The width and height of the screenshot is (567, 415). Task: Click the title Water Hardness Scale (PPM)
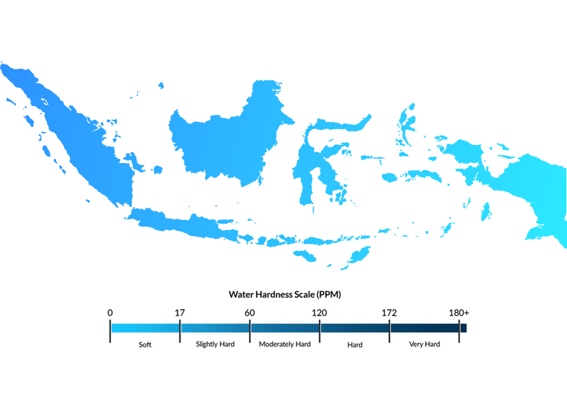coord(285,294)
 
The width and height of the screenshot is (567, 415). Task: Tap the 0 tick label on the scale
coord(110,313)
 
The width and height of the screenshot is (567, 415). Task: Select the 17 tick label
coord(180,313)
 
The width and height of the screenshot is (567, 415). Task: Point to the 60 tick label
coord(249,313)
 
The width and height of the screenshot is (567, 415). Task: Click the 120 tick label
coord(319,313)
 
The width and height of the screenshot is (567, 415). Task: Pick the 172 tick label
coord(389,313)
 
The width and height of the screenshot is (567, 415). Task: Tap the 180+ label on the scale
coord(459,313)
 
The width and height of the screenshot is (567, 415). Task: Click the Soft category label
coord(145,345)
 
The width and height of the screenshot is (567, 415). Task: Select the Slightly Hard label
coord(215,345)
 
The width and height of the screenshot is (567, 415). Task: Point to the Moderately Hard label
coord(285,345)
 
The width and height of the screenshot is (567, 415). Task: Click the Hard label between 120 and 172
coord(354,345)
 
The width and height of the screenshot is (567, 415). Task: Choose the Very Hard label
coord(424,345)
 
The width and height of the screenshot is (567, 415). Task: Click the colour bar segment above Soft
coord(145,328)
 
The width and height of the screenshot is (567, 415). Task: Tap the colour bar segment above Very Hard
coord(424,328)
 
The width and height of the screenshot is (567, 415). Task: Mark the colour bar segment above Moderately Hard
coord(285,328)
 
